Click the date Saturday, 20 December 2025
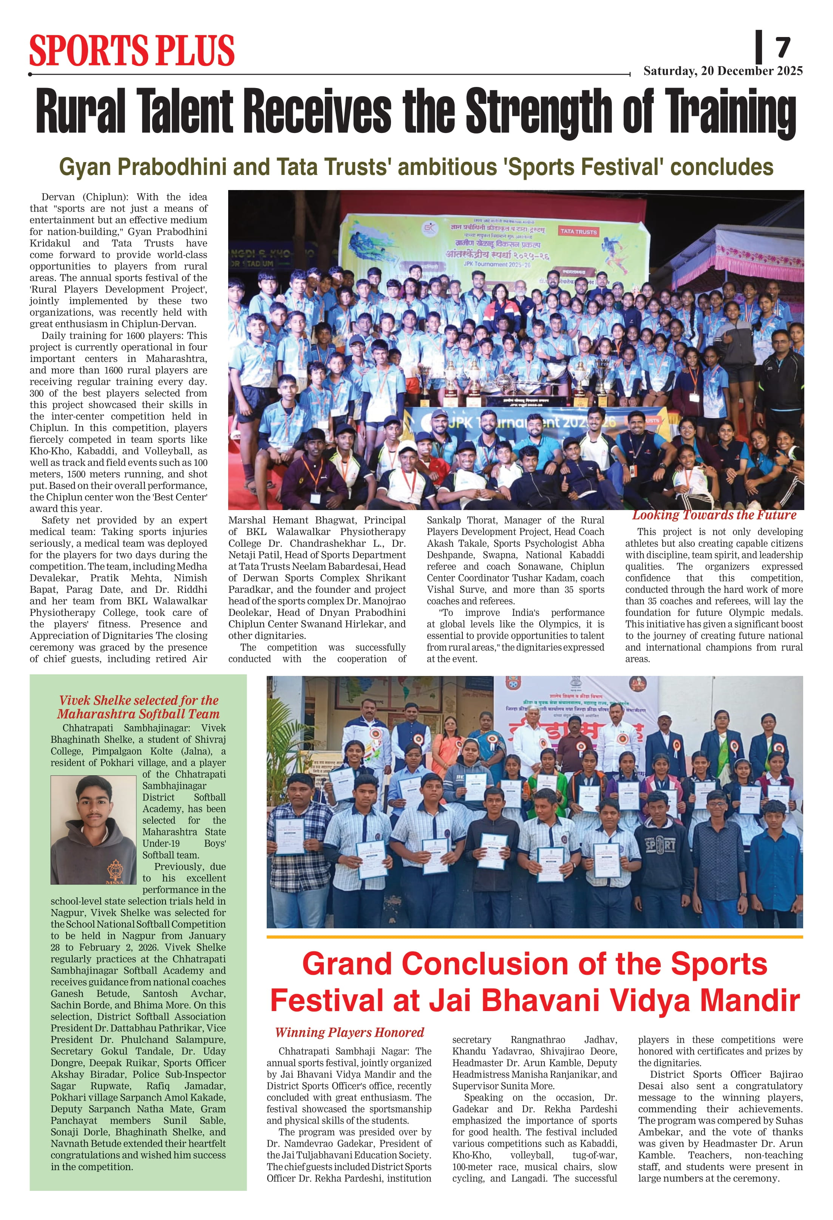click(x=723, y=71)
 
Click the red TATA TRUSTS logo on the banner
click(x=578, y=232)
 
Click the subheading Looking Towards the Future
click(x=714, y=515)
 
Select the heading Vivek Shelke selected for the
click(x=139, y=700)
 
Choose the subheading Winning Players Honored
click(x=349, y=1032)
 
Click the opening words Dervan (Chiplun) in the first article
click(x=85, y=197)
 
